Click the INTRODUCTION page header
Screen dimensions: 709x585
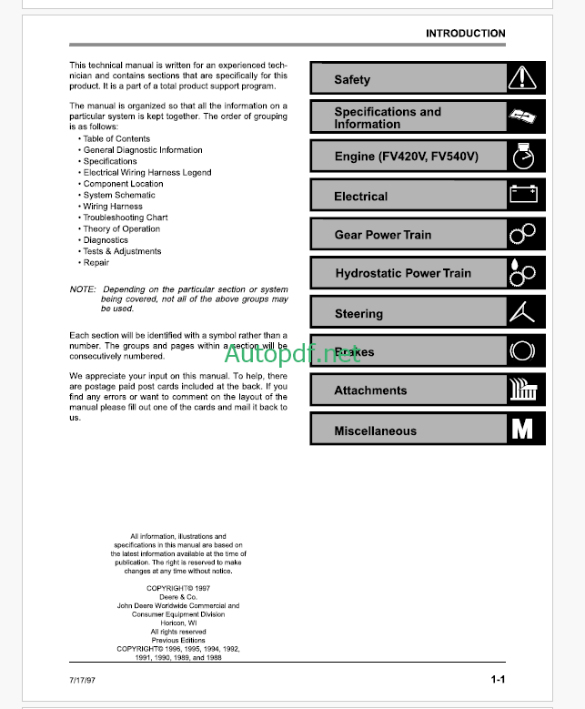tap(465, 34)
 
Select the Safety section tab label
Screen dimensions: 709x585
tap(352, 79)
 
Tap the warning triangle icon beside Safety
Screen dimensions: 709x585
tap(522, 78)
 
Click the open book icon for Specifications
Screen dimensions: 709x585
tap(522, 116)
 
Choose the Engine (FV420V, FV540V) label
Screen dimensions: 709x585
tap(406, 157)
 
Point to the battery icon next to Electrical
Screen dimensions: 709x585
tap(522, 194)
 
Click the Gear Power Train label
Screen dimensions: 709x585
tap(383, 235)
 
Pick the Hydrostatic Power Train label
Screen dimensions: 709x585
tap(403, 273)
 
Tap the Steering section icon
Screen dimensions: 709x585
tap(522, 312)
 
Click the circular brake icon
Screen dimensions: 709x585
tap(522, 350)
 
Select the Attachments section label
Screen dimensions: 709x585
tap(370, 390)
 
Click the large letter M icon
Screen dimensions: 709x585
tap(522, 429)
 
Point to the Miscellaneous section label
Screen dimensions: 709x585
tap(375, 431)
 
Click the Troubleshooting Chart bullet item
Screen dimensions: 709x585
tap(126, 218)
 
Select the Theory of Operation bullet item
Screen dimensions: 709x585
tap(121, 229)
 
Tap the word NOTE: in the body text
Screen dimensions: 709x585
tap(83, 289)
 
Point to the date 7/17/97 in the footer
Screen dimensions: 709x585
tap(82, 681)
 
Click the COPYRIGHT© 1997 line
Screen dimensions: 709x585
tap(178, 588)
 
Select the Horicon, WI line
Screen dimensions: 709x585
tap(178, 623)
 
